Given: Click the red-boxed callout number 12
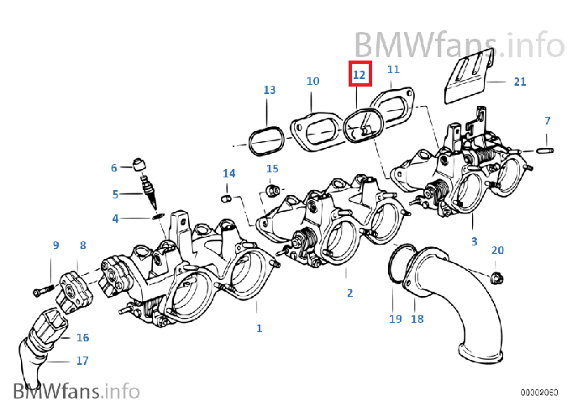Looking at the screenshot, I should tap(360, 74).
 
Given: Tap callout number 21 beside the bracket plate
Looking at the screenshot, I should tap(520, 82).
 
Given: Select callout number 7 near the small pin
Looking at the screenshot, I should tap(547, 121).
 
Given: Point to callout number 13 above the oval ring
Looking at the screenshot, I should tap(269, 89).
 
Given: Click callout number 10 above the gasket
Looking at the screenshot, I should tap(312, 82).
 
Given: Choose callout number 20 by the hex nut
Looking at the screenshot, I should tap(497, 251).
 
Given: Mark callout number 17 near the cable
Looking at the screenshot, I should tap(82, 362).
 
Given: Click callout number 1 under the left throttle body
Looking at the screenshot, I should tap(259, 328).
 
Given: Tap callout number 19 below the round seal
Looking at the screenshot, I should tap(395, 320).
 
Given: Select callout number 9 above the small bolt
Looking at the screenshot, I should tap(55, 246).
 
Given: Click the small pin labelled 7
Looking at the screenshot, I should tap(543, 151).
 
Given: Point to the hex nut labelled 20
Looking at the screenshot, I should tap(496, 277).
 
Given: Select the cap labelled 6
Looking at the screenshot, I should tap(141, 163).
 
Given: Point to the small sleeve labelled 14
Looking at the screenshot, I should tap(226, 198).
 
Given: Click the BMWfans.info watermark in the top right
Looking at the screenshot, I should tap(459, 44).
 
